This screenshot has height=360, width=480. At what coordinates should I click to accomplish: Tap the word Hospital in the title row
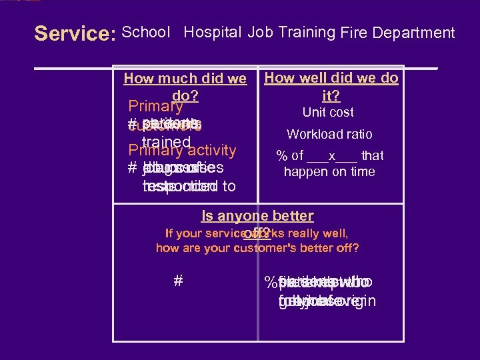(213, 32)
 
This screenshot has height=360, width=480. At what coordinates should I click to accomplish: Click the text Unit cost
(328, 113)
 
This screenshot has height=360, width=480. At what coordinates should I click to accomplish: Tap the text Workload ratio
(329, 135)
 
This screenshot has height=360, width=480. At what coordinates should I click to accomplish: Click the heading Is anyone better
(257, 216)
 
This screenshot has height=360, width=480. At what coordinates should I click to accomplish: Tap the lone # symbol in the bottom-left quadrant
(178, 281)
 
